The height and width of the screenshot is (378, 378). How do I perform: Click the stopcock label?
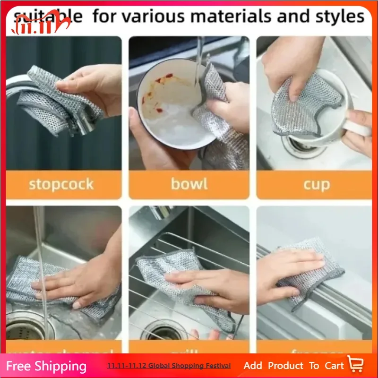61,184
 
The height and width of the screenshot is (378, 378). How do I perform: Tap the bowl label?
189,184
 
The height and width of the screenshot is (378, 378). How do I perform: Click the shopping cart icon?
356,365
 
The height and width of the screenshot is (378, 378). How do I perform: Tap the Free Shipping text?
46,366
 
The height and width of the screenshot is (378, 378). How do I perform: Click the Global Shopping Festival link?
169,366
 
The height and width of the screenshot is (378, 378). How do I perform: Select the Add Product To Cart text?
293,365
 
